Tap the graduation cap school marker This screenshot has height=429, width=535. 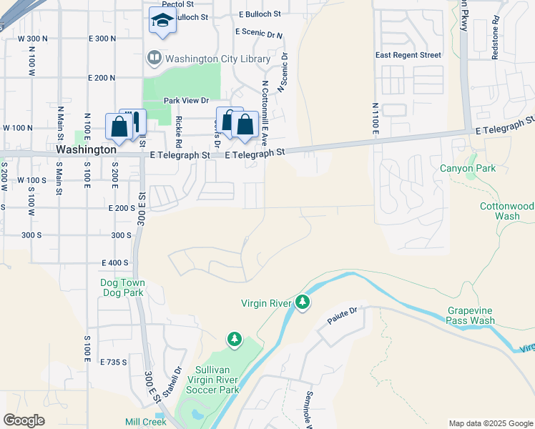click(x=162, y=21)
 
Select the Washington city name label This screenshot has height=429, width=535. click(x=86, y=150)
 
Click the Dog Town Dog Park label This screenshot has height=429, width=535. click(x=122, y=288)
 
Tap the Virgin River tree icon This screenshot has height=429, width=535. click(x=303, y=303)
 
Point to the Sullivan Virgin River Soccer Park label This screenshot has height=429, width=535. click(x=212, y=380)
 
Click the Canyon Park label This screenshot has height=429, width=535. click(x=468, y=169)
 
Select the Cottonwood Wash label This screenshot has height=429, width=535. click(x=506, y=211)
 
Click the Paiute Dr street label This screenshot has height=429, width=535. click(x=342, y=312)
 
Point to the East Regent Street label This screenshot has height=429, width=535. click(x=408, y=55)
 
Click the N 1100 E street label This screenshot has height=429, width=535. click(x=375, y=118)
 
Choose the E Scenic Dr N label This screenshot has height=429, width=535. click(x=259, y=33)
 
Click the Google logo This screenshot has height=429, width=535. click(x=24, y=420)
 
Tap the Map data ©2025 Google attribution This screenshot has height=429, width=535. click(x=491, y=423)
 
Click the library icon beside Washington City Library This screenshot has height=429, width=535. click(x=153, y=57)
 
